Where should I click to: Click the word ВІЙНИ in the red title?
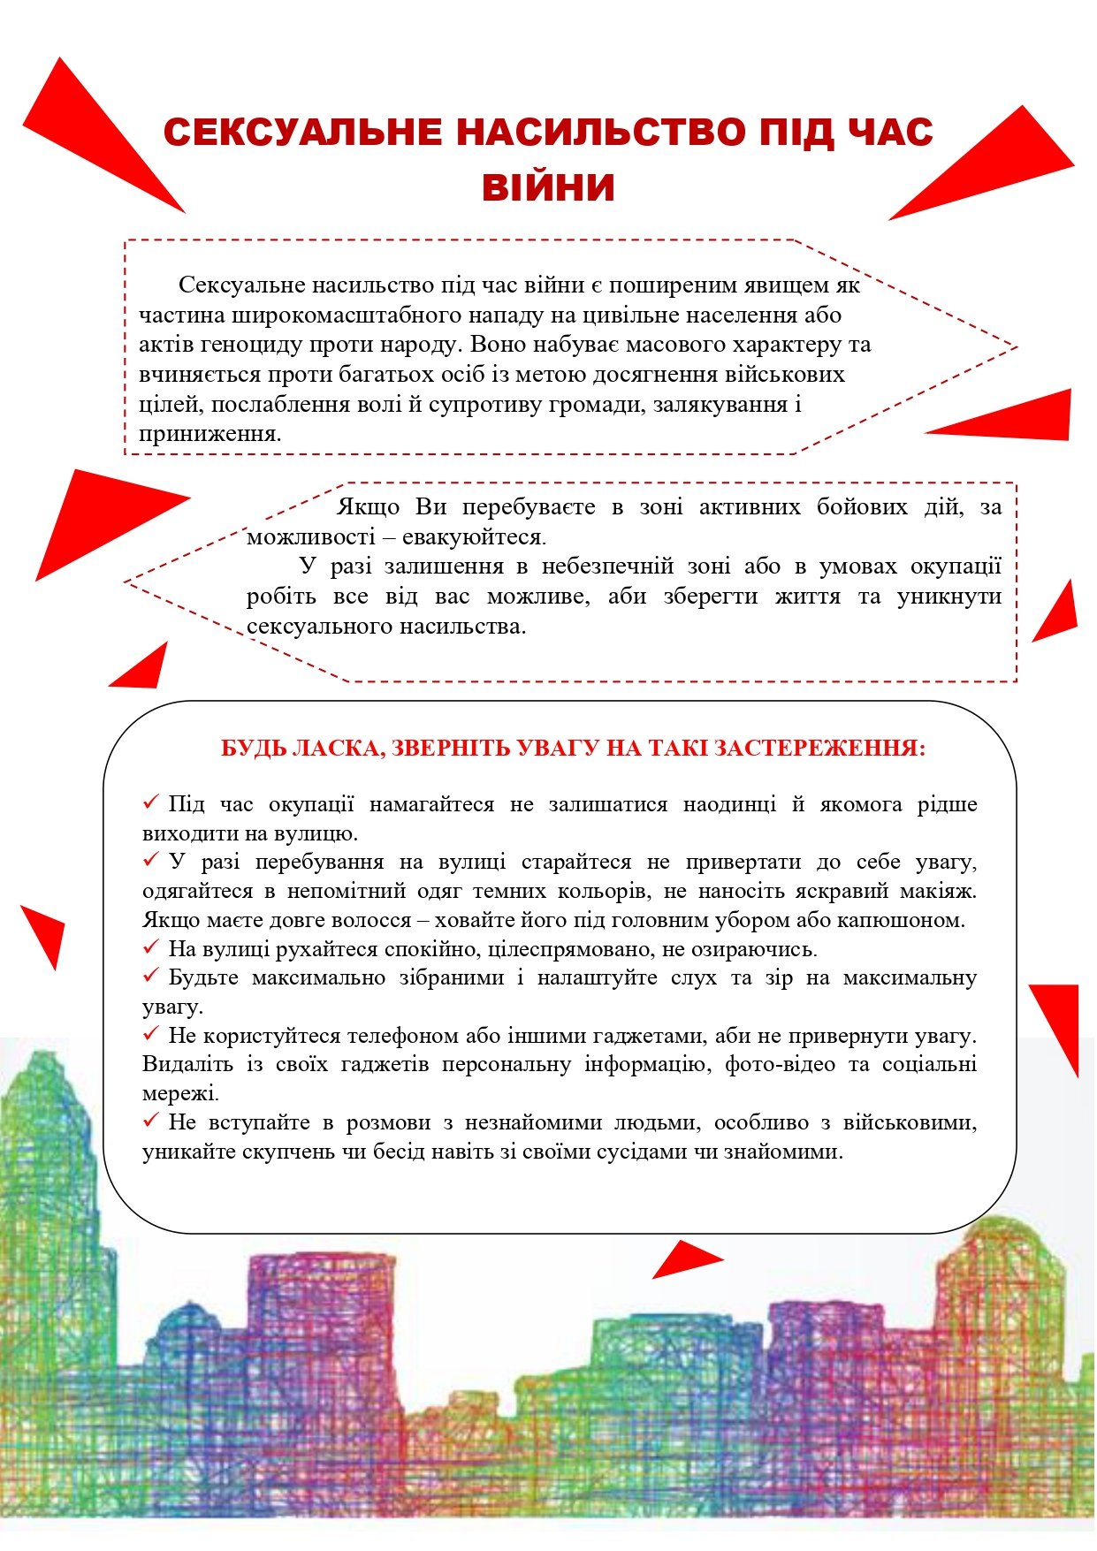click(548, 187)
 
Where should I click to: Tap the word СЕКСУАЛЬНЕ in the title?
click(302, 133)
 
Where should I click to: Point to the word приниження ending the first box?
click(209, 435)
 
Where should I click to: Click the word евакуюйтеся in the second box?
click(474, 537)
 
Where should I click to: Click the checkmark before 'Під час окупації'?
click(150, 802)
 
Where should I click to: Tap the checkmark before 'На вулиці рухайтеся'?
click(150, 947)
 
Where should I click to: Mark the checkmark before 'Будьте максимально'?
click(150, 976)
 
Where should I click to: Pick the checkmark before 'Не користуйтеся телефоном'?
click(150, 1033)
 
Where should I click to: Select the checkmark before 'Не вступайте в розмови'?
click(150, 1121)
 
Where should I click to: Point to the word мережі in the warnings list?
click(179, 1093)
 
